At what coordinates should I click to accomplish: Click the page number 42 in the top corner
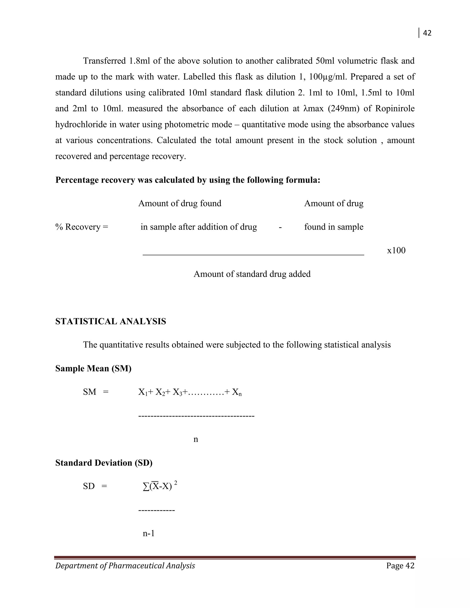point(427,33)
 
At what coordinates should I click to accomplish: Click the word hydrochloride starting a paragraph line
point(81,124)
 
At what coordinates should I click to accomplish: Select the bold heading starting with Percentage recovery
point(188,180)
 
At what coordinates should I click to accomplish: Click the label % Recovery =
point(81,227)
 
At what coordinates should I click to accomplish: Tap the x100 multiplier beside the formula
point(396,250)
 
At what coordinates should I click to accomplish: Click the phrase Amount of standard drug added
point(252,274)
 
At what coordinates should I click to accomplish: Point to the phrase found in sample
point(333,227)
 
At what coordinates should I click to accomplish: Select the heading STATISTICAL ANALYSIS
point(111,321)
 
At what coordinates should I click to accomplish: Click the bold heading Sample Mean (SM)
point(93,368)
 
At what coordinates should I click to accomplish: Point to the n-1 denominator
point(149,533)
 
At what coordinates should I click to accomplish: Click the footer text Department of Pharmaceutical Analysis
point(125,566)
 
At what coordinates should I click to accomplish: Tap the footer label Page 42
point(400,566)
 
